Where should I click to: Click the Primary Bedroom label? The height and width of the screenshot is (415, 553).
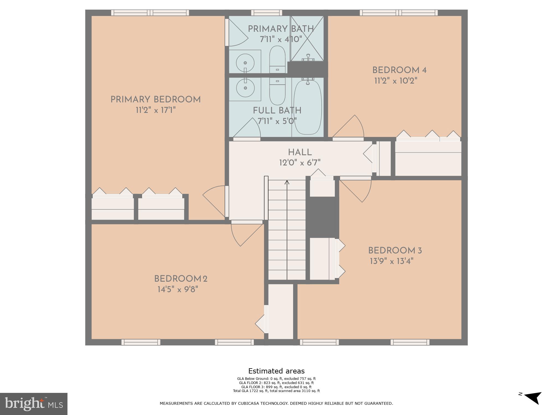[156, 100]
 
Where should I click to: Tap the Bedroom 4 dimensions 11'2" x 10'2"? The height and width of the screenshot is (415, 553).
[396, 81]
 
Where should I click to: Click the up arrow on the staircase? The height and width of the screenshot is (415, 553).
[287, 182]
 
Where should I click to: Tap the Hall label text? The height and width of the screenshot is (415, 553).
[300, 152]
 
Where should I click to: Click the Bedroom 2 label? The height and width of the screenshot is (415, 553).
[181, 279]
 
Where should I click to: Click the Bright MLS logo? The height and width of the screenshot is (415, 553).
[33, 404]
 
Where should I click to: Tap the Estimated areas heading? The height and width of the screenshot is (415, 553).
[276, 371]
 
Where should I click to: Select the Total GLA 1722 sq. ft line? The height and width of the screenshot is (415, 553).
[276, 391]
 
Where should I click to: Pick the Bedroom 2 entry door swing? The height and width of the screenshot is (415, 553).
[245, 234]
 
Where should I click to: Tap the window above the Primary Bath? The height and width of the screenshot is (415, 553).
[267, 12]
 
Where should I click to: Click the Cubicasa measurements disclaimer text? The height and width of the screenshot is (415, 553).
[276, 403]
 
